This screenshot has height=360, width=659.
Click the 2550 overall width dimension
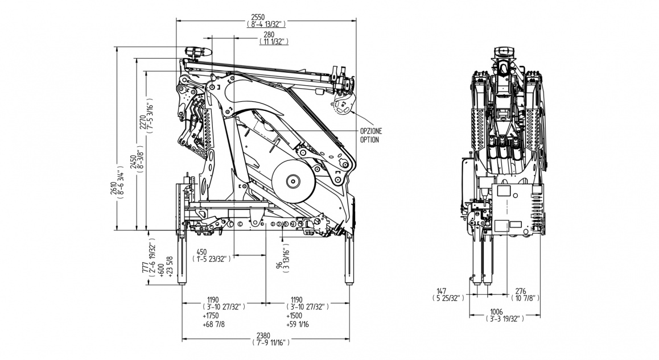[266, 17]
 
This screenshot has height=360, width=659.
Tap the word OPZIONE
[370, 131]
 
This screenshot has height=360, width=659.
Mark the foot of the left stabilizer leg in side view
[184, 281]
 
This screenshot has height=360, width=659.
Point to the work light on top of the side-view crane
[196, 52]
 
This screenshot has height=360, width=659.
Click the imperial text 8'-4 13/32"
[266, 24]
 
